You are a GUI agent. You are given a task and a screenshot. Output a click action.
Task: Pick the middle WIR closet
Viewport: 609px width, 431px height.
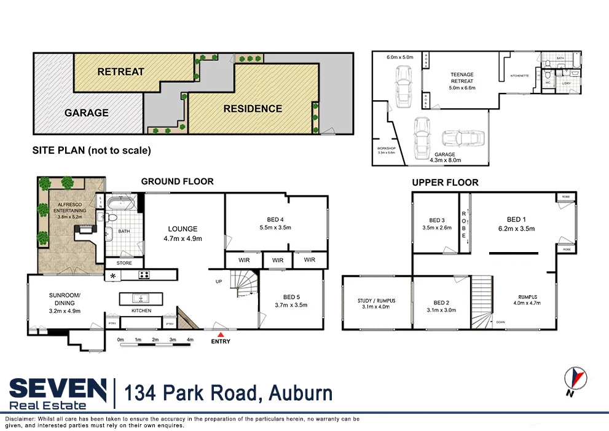coord(278,260)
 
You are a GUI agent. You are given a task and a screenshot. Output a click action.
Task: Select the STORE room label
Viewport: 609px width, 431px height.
coord(124,263)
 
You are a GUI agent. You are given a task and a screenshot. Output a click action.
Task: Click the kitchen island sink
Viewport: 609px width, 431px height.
coord(141,299)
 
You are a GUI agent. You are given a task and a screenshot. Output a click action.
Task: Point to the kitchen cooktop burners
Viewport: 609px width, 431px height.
coord(144,275)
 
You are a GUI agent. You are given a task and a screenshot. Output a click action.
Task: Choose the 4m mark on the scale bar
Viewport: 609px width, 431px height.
coord(191,340)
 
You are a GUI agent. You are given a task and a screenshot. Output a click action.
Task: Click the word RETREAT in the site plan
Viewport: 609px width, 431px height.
coord(120,72)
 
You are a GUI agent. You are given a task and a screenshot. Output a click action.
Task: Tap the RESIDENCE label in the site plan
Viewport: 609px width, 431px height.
coord(253,109)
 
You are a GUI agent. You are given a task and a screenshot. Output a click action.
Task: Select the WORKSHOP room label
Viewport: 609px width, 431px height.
coord(387,149)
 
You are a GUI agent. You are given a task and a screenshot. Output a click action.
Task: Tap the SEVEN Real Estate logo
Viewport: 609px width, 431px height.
coord(58,392)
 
